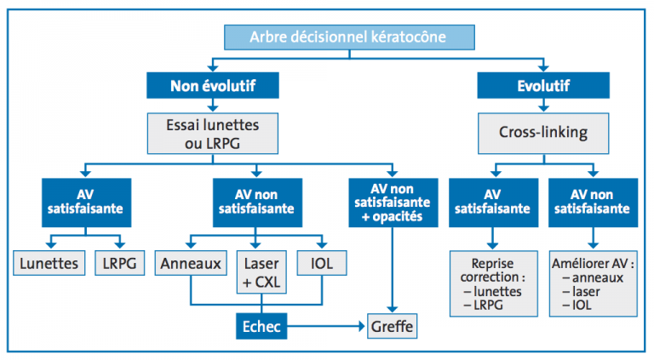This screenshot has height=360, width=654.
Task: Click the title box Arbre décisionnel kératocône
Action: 349,37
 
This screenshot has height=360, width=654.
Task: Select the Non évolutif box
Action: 213,85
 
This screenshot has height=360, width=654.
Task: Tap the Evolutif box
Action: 543,85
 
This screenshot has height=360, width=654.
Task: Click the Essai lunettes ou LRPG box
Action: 213,134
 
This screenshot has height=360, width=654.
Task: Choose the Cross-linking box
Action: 543,134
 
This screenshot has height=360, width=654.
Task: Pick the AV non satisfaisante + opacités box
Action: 393,203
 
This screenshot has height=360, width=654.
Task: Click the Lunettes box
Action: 49,263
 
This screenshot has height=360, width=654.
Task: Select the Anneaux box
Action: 191,263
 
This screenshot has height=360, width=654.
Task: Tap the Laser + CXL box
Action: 261,272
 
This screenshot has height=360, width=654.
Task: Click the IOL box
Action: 322,263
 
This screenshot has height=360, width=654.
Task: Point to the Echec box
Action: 261,326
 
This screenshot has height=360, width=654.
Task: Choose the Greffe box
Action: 392,326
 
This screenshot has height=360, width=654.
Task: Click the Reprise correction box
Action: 493,283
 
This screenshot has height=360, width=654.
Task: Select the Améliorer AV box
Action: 593,283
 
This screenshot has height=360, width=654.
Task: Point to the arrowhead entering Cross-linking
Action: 543,108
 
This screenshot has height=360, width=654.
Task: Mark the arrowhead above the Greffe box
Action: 392,309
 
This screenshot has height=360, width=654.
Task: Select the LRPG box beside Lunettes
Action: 120,263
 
